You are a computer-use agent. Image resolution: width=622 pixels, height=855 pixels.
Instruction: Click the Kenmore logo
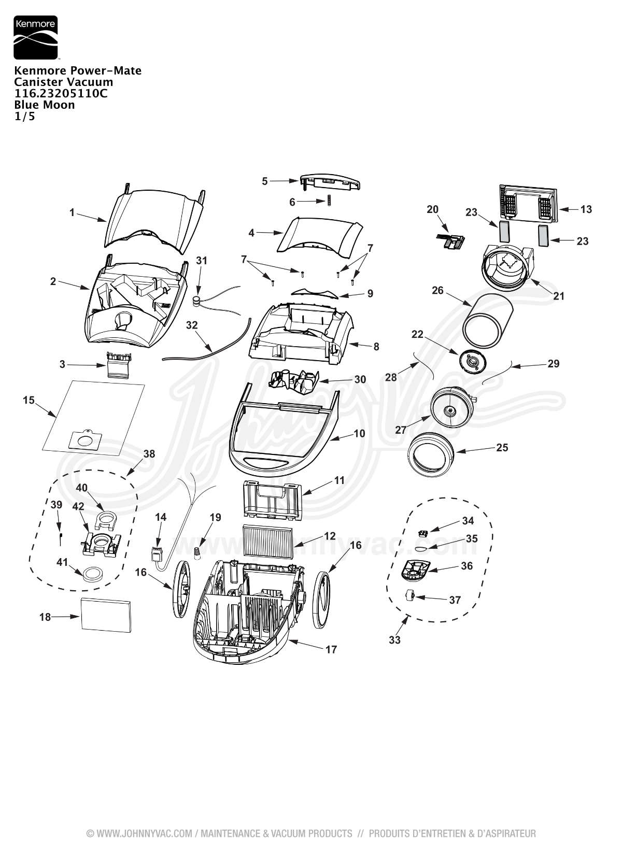click(36, 37)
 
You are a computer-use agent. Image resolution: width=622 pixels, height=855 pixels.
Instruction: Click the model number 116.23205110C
click(61, 93)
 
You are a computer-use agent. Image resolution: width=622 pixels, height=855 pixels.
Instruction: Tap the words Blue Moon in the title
click(44, 105)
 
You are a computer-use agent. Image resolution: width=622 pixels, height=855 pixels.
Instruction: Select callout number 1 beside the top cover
click(72, 212)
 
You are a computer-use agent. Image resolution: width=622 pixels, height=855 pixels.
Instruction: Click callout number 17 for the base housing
click(331, 650)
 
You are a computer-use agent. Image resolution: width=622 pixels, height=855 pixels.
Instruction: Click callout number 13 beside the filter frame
click(586, 209)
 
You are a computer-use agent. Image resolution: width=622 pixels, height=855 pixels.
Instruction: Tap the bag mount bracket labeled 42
click(102, 543)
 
